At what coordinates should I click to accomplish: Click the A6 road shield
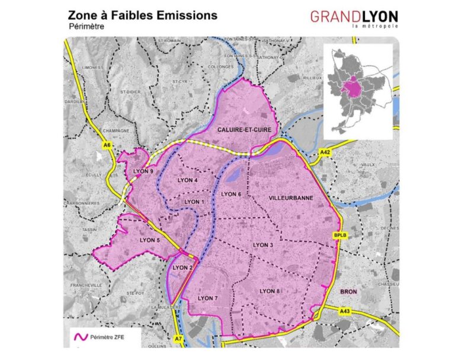pos(107,145)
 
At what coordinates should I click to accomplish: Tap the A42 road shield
pos(324,153)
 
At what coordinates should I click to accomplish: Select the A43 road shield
pos(345,311)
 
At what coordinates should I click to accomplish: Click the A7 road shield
pos(178,337)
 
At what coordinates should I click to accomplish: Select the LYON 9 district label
pos(143,171)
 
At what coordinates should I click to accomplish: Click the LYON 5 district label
pos(150,240)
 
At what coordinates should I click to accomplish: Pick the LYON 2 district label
pos(182,268)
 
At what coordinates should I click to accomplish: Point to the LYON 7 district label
pos(209,298)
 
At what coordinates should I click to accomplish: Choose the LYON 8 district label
pos(270,291)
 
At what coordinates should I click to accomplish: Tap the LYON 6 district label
pos(230,194)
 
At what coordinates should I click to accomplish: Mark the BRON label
pos(348,292)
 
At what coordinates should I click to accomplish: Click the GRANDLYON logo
pos(354,18)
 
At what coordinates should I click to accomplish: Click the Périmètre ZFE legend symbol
pos(78,337)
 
